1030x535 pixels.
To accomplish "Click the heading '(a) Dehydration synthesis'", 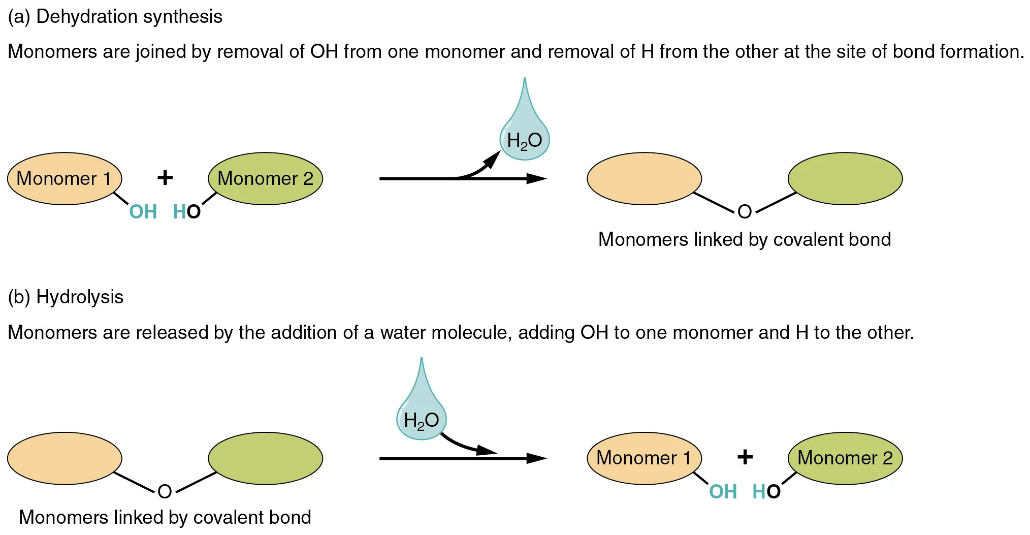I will coord(115,17).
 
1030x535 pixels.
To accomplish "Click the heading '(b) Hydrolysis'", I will coord(66,297).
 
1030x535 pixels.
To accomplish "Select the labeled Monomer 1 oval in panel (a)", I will coord(65,178).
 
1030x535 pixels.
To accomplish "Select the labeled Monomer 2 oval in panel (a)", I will coord(265,178).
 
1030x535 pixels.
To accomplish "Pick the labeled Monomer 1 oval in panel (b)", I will coord(644,458).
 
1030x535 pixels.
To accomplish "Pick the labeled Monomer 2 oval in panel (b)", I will coord(845,458).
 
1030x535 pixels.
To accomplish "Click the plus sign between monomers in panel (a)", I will coord(165,178).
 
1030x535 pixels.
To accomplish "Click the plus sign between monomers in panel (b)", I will coord(745,457).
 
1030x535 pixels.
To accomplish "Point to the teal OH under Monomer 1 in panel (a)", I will coord(143,212).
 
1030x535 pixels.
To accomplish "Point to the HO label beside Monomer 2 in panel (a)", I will coord(187,212).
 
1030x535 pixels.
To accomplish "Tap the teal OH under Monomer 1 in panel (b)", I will coord(723,492).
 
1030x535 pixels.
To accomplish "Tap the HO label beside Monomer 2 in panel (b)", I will coord(766,492).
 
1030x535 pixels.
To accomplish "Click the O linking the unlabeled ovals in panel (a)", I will coord(745,211).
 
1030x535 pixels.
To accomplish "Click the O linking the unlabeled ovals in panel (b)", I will coord(165,491).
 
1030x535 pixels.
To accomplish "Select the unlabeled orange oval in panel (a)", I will coord(644,178).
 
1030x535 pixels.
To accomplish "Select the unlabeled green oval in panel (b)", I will coord(265,458).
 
